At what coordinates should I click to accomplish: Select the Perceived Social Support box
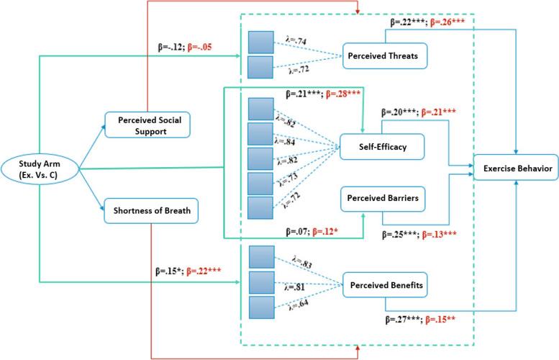[147, 126]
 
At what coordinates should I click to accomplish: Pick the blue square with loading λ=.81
[260, 283]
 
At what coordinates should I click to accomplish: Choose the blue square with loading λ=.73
[260, 182]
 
